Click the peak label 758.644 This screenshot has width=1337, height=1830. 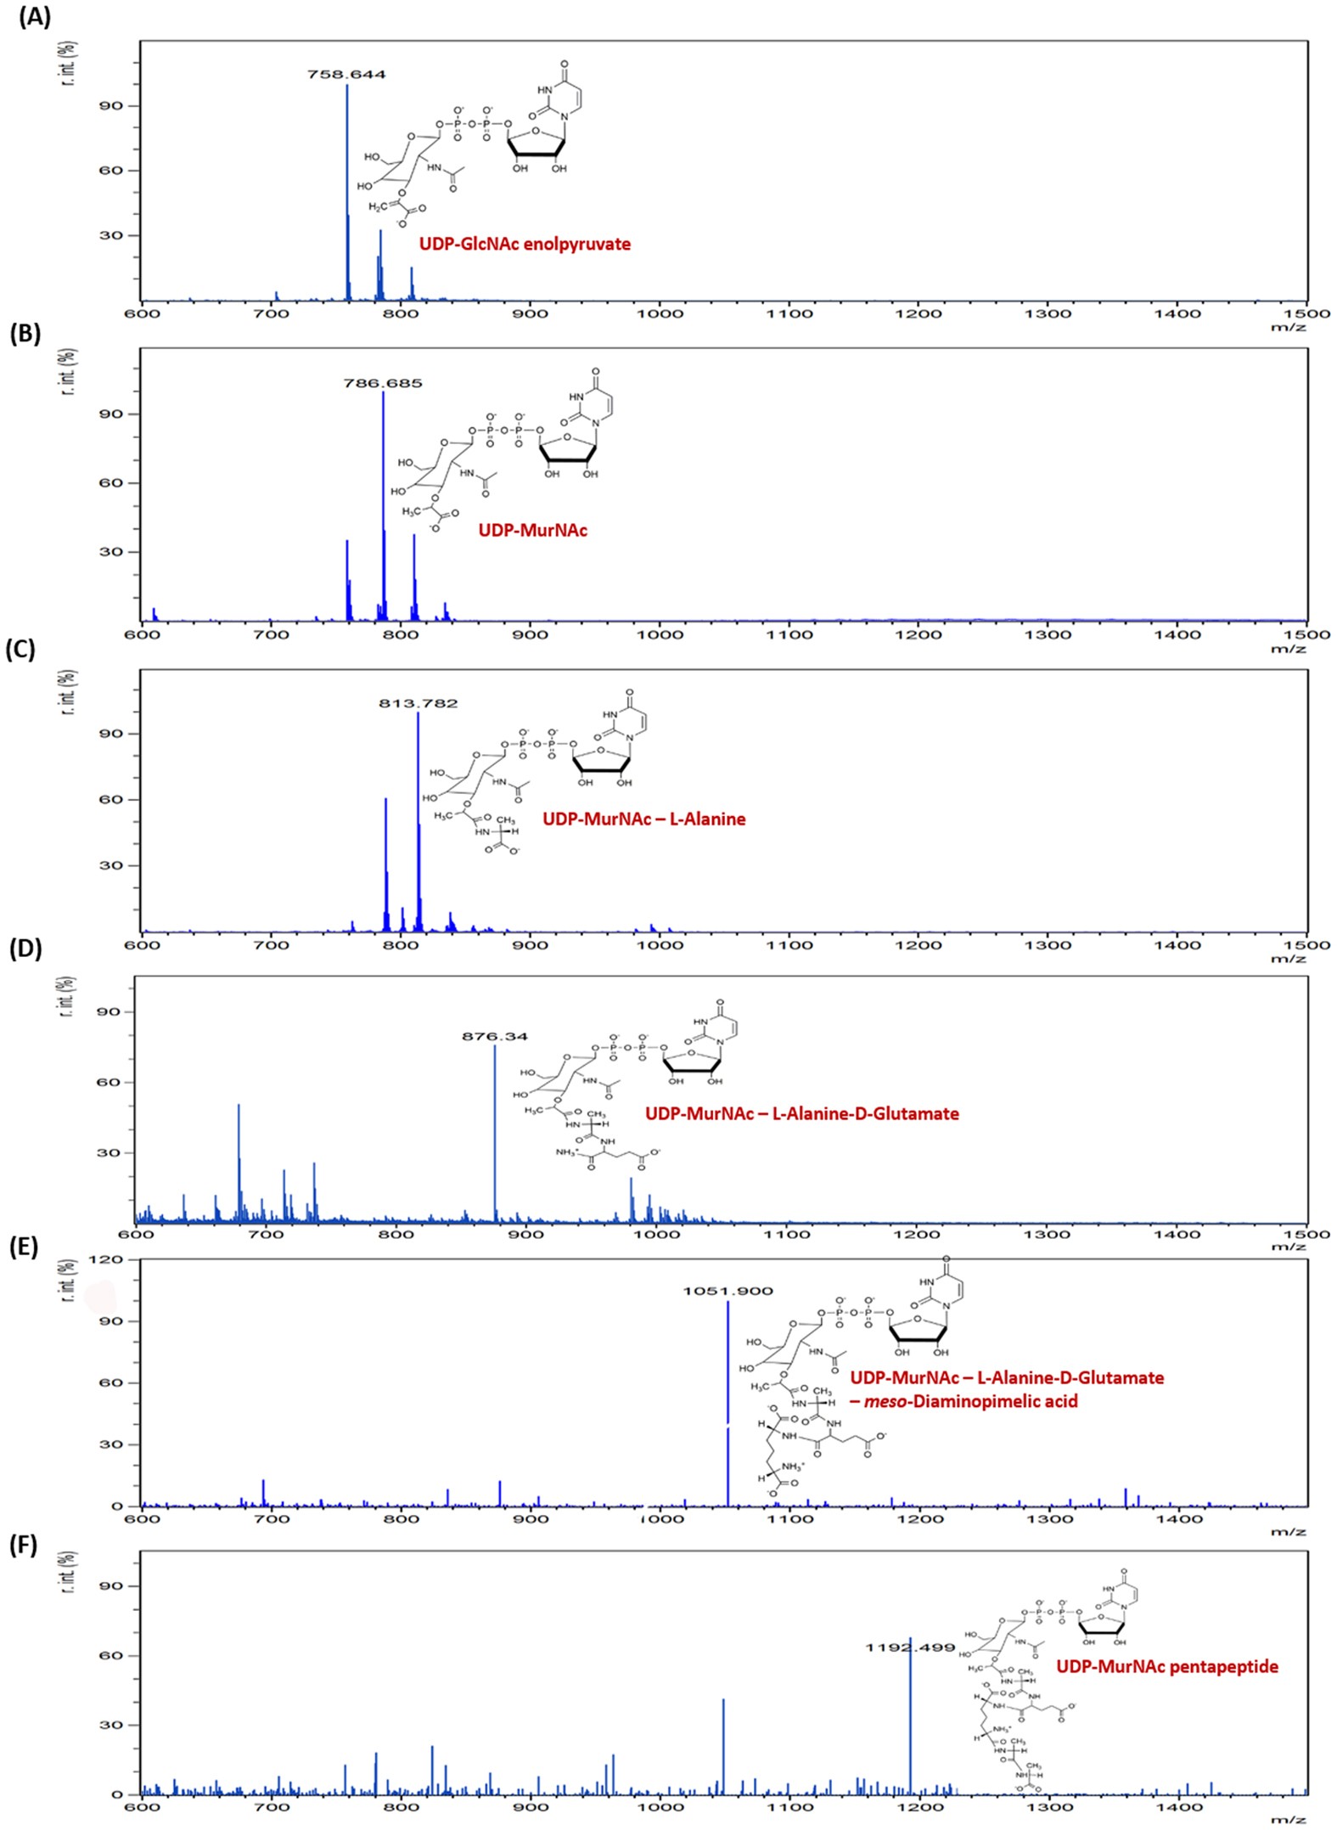[346, 75]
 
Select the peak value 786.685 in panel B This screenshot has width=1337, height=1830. [382, 383]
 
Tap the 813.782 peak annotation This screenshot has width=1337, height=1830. [418, 703]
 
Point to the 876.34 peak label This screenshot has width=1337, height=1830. [494, 1036]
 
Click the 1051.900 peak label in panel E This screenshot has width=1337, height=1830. [727, 1291]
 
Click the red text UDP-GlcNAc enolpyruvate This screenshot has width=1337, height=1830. [525, 245]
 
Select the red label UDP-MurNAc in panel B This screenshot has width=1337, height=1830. [532, 531]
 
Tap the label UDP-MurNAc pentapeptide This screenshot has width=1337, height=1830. [1166, 1667]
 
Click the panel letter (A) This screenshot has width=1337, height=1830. [35, 17]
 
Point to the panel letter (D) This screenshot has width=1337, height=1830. [25, 949]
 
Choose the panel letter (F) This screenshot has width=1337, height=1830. [23, 1546]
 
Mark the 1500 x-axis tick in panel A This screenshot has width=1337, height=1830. [1306, 313]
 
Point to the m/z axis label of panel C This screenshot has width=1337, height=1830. [1288, 959]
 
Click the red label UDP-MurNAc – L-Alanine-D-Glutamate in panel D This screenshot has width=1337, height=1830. [801, 1113]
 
